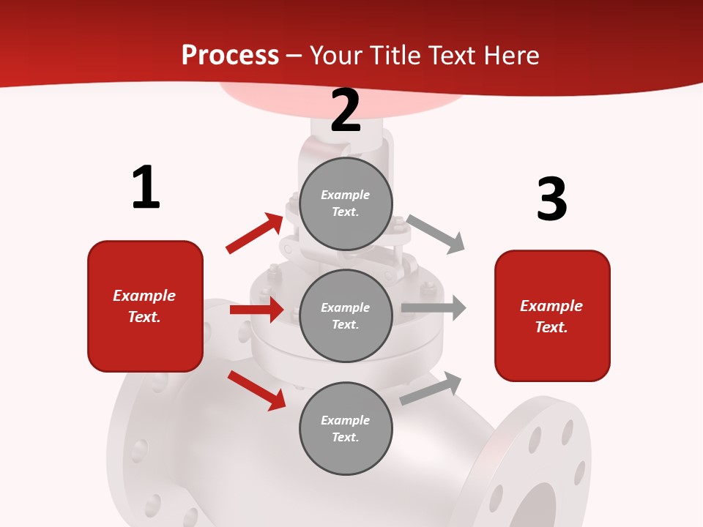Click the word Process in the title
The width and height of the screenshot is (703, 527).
(x=230, y=56)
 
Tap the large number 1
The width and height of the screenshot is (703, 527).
(x=146, y=187)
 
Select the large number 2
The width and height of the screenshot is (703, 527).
(x=346, y=111)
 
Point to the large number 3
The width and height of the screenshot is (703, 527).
(x=551, y=200)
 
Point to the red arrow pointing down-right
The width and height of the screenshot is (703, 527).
(x=257, y=390)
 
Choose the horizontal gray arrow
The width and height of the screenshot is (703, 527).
(x=434, y=308)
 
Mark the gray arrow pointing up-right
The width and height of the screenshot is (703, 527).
(x=431, y=388)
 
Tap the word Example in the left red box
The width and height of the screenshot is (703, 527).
(x=144, y=296)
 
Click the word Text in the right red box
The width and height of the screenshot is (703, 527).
(x=550, y=327)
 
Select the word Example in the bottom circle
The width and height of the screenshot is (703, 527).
(x=345, y=420)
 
